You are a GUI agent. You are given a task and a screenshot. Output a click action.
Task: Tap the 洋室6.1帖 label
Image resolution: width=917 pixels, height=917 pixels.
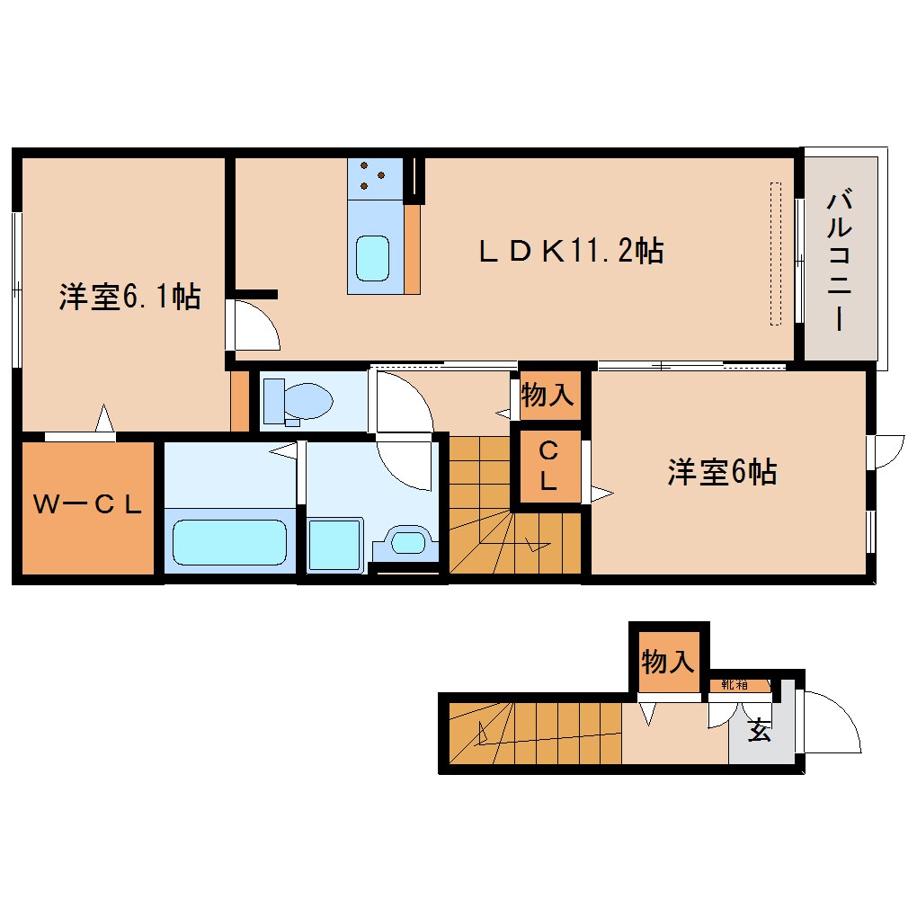click(x=129, y=297)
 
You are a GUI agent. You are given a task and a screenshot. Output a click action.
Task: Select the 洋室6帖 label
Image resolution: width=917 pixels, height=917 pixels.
click(x=722, y=472)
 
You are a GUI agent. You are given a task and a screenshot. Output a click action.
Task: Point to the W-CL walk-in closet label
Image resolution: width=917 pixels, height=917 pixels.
click(x=87, y=504)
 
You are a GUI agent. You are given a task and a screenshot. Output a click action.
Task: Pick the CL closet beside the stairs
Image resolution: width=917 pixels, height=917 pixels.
click(x=548, y=466)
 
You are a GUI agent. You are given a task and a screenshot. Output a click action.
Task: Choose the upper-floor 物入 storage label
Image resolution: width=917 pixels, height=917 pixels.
click(x=547, y=396)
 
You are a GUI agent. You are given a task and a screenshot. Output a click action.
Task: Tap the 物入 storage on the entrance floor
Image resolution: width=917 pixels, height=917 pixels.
click(x=667, y=663)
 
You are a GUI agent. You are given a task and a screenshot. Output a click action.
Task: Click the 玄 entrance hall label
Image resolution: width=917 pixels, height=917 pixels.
click(x=761, y=730)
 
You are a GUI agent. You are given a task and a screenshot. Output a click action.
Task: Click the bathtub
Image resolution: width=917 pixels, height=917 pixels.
click(x=229, y=541)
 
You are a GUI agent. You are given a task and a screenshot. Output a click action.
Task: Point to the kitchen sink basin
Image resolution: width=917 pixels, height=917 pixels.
click(x=372, y=259)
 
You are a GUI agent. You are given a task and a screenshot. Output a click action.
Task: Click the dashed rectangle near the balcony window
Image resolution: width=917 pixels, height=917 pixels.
click(x=776, y=254)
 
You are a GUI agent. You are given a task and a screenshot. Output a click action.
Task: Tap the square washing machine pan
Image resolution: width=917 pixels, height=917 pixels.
click(x=335, y=545)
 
